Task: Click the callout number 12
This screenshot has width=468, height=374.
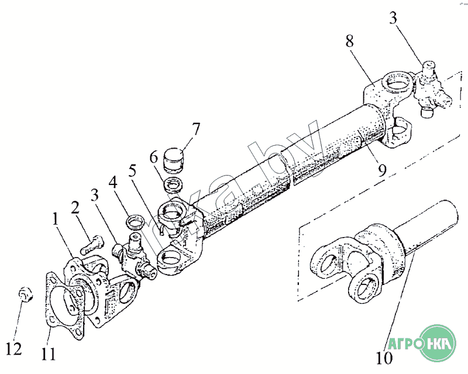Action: coord(13,349)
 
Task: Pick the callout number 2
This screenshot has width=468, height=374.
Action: coord(75,207)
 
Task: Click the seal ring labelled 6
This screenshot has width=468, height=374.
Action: coord(173,184)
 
